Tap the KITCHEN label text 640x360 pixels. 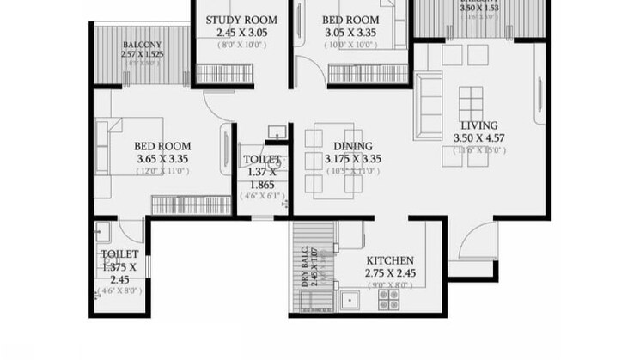(x=391, y=260)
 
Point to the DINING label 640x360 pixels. (x=352, y=146)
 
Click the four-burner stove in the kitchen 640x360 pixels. (x=389, y=298)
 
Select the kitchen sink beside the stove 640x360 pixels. (x=350, y=299)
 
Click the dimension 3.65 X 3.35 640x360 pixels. (x=162, y=159)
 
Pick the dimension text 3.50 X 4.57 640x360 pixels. (x=478, y=137)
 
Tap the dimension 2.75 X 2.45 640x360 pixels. (x=391, y=273)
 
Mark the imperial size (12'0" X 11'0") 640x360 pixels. (x=162, y=171)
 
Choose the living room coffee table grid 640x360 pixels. (x=472, y=107)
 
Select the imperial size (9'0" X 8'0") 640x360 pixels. (x=391, y=285)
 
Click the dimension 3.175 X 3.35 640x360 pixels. (x=352, y=159)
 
